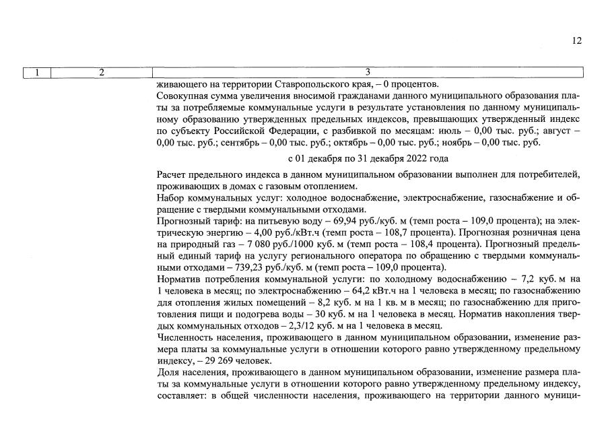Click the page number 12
[x=577, y=40]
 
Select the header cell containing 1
[x=37, y=72]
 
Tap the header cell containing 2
[x=102, y=72]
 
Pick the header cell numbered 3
[x=368, y=72]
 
